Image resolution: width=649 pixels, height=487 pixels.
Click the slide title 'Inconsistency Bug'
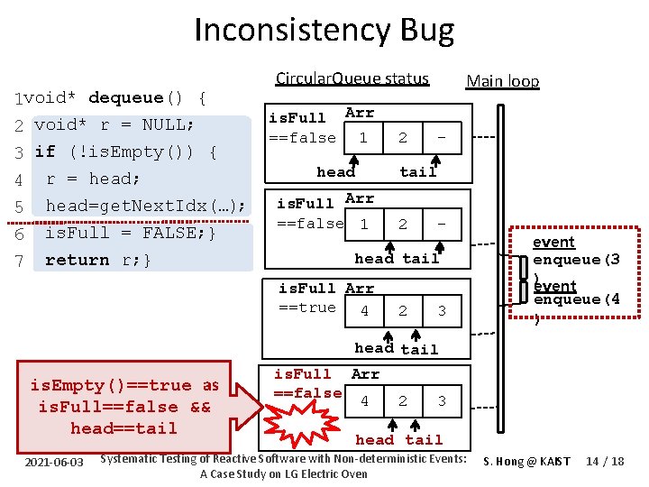tap(324, 32)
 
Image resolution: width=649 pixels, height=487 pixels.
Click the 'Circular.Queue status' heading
tap(352, 78)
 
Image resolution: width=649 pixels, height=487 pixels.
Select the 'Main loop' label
tap(502, 81)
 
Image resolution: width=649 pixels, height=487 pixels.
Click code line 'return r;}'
tap(98, 261)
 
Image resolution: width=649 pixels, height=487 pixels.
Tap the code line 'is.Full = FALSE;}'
tap(130, 233)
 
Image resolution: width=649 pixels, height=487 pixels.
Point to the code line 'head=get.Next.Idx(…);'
tap(146, 206)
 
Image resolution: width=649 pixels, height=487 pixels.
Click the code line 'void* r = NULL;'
tap(113, 124)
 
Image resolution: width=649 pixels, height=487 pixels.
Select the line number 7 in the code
tap(18, 261)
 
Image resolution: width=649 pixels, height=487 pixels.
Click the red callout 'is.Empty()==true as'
tap(124, 386)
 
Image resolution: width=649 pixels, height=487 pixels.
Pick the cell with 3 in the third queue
tap(441, 311)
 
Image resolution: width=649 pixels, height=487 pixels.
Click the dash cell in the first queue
tap(441, 138)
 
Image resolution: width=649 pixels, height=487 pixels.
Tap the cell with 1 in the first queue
tap(363, 138)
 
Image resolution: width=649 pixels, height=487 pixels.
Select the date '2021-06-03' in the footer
tap(54, 463)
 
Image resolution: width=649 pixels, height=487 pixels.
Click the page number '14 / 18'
tap(603, 462)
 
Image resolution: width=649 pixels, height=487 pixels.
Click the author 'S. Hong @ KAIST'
tap(526, 462)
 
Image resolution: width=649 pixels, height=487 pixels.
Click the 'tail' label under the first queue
tap(418, 171)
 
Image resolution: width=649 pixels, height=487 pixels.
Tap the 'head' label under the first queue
tap(336, 171)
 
